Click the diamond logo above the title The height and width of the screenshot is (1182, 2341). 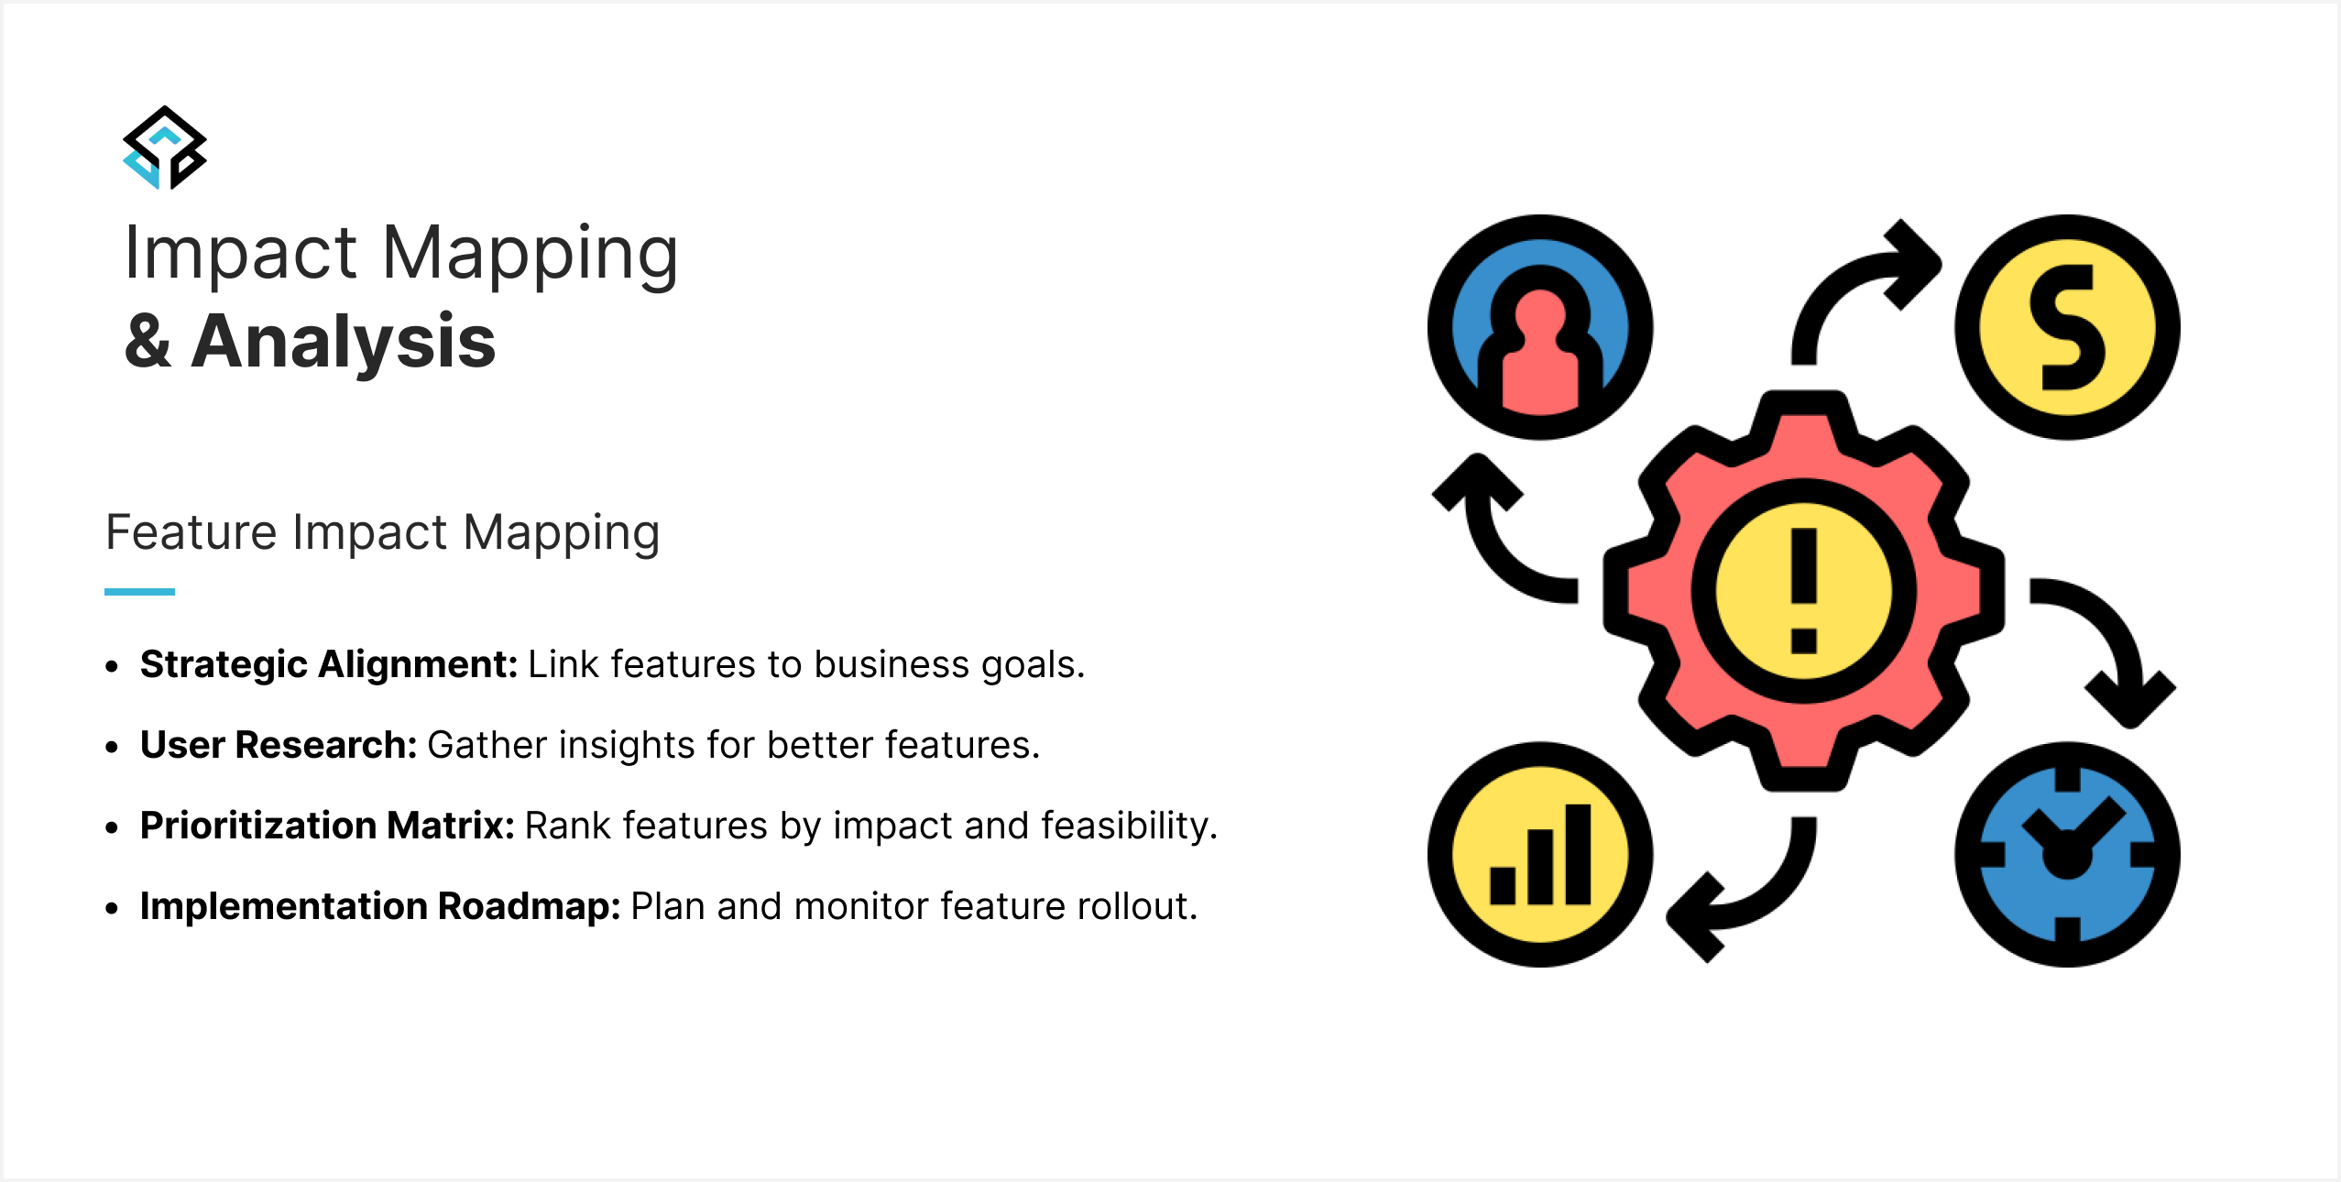click(165, 148)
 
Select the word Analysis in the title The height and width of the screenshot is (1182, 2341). click(344, 343)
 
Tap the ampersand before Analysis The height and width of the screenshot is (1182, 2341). click(148, 341)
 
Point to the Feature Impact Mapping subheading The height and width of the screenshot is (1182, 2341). click(383, 533)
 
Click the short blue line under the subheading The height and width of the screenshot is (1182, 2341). click(139, 592)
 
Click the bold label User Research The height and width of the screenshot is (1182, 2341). click(279, 745)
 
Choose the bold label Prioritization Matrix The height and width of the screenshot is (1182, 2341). click(327, 826)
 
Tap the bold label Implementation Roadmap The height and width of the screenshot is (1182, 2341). click(380, 907)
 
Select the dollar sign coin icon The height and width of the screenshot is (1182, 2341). click(2067, 327)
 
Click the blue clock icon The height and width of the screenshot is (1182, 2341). click(2067, 854)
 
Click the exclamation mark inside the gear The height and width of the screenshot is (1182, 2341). click(1803, 591)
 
